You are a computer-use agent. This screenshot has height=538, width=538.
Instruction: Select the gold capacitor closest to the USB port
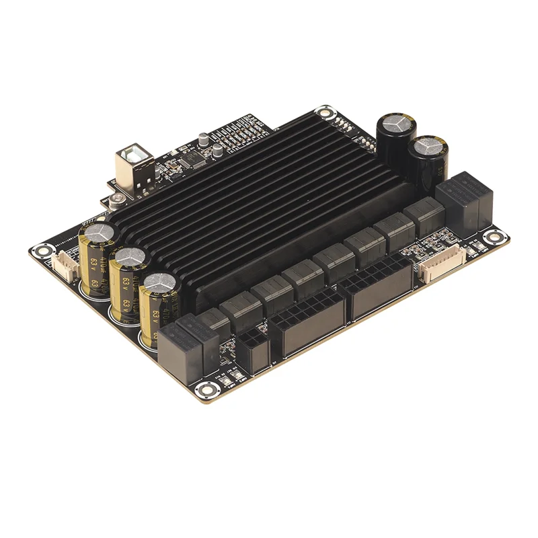(98, 252)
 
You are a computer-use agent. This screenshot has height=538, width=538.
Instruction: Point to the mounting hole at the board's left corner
(42, 251)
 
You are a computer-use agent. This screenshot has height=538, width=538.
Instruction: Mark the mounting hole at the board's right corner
(496, 236)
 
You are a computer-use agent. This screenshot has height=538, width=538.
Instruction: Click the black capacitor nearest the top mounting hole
(395, 138)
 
